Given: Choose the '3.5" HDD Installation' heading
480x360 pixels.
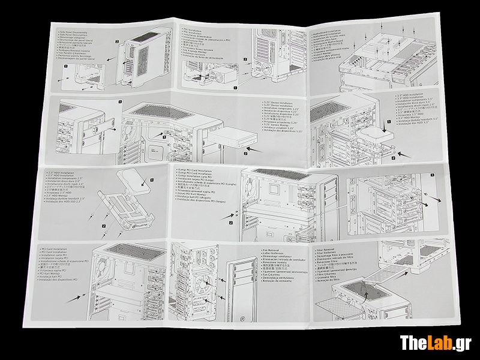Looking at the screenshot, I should coord(413,96).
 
